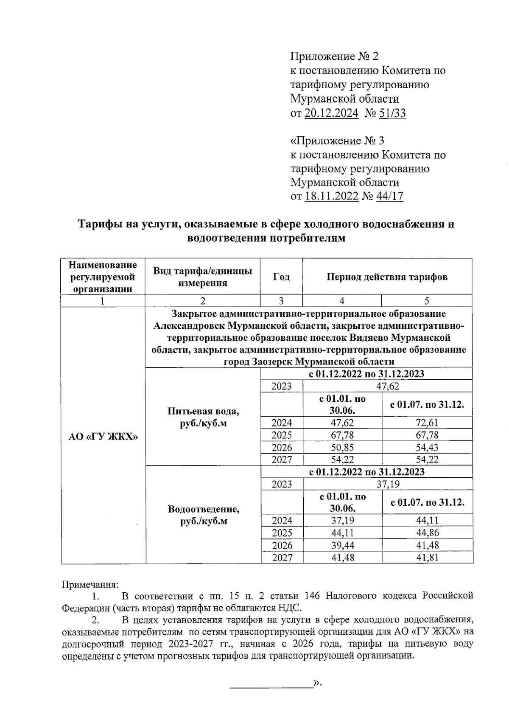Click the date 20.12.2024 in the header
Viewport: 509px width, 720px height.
pyautogui.click(x=332, y=113)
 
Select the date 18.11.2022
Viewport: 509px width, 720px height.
pyautogui.click(x=332, y=196)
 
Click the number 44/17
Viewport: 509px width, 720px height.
pyautogui.click(x=389, y=196)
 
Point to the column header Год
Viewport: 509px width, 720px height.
pyautogui.click(x=281, y=277)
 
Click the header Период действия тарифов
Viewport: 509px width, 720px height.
pyautogui.click(x=387, y=277)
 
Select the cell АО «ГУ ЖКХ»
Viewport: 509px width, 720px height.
pyautogui.click(x=103, y=437)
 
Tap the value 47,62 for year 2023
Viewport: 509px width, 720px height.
pyautogui.click(x=388, y=386)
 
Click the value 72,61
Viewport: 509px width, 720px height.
pyautogui.click(x=427, y=423)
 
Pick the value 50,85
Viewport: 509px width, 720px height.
pyautogui.click(x=342, y=447)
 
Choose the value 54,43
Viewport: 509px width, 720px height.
pyautogui.click(x=427, y=447)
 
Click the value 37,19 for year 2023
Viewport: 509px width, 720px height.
pyautogui.click(x=388, y=484)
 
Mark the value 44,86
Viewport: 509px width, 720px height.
pyautogui.click(x=427, y=533)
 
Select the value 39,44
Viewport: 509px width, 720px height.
pyautogui.click(x=342, y=545)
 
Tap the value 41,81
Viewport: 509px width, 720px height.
pyautogui.click(x=427, y=558)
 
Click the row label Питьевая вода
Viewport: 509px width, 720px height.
pyautogui.click(x=203, y=411)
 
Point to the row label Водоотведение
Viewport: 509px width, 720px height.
pyautogui.click(x=203, y=509)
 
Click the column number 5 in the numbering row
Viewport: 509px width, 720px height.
pyautogui.click(x=427, y=301)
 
